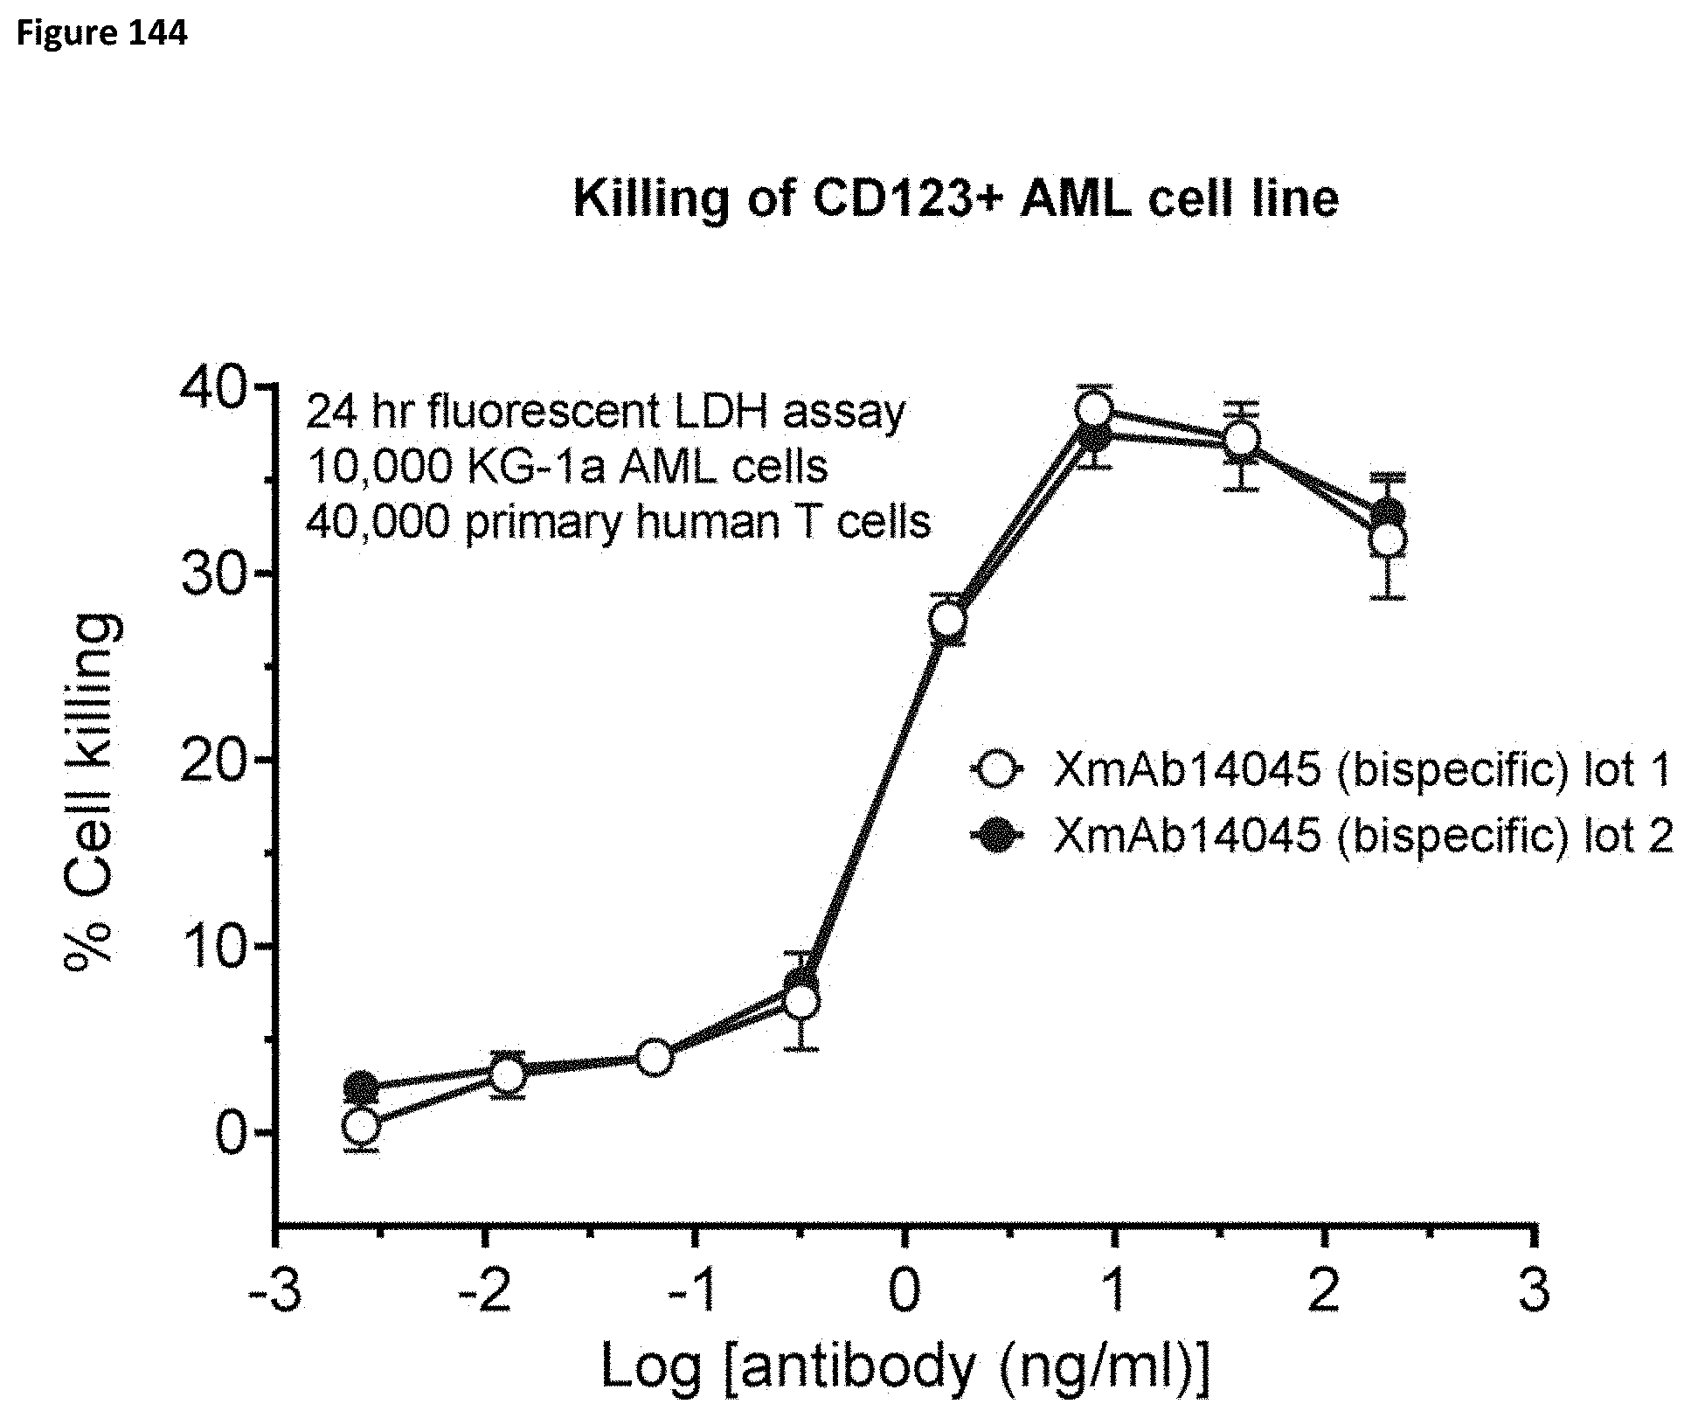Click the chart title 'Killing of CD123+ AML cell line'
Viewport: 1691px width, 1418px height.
tap(955, 199)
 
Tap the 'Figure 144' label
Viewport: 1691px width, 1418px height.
tap(101, 33)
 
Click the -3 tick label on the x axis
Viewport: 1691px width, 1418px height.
tap(274, 1290)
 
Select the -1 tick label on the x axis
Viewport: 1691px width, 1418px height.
tap(694, 1290)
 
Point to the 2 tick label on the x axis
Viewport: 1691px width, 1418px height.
tap(1324, 1290)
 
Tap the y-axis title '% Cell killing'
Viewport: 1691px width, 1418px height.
tap(91, 787)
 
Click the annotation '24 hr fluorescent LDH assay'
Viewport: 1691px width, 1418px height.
tap(605, 413)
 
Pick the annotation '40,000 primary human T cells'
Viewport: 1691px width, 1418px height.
tap(618, 523)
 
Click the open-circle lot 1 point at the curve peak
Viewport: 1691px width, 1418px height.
tap(1094, 409)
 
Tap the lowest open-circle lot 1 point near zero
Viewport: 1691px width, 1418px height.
tap(361, 1126)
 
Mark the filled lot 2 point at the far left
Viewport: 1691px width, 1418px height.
tap(361, 1088)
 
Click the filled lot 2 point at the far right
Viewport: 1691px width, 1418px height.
tap(1388, 514)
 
